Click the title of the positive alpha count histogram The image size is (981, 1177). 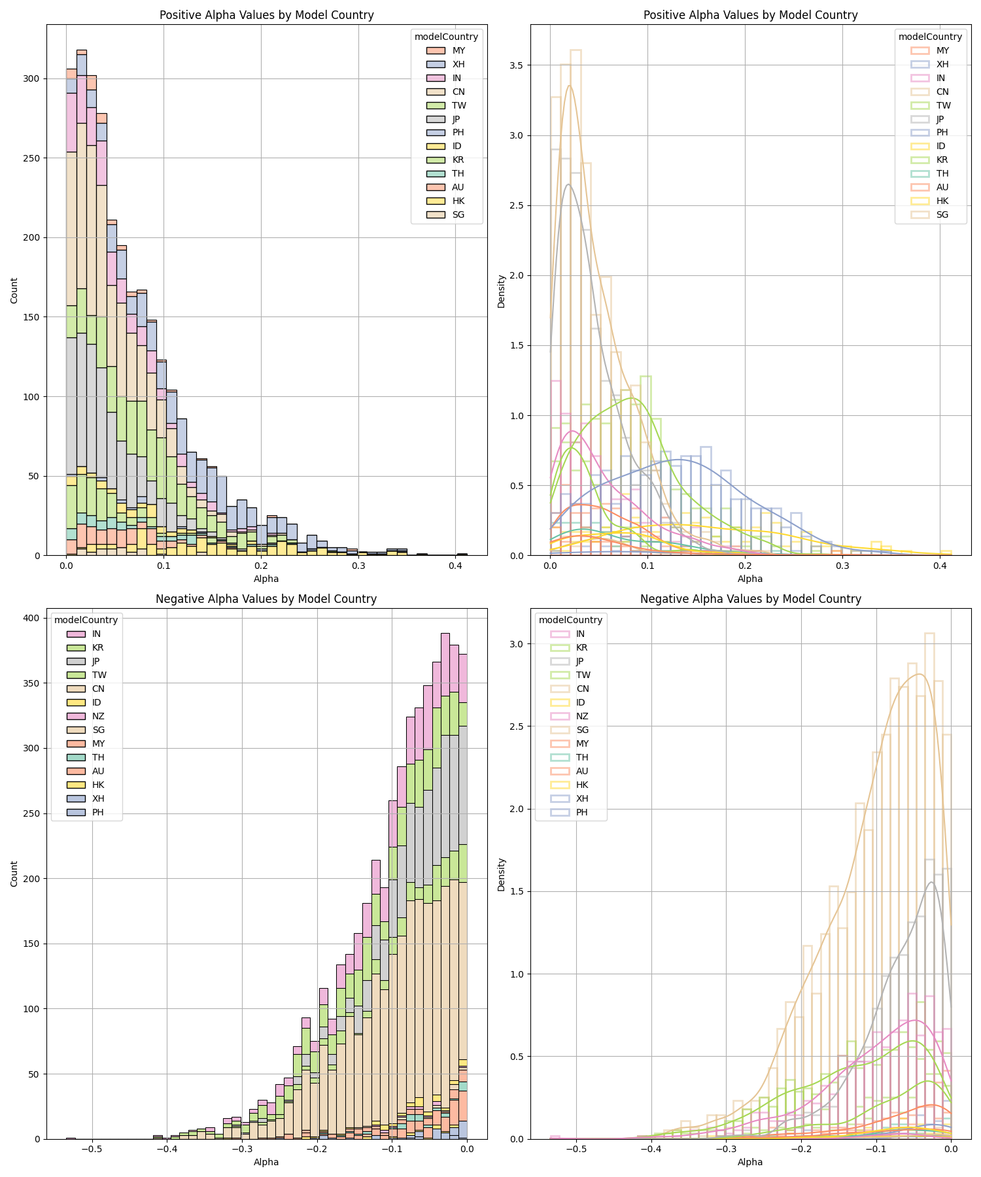point(267,15)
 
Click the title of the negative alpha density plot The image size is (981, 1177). point(750,599)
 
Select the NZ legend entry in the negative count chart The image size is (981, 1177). point(97,716)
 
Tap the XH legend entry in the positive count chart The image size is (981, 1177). point(458,64)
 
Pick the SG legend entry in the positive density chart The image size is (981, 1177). point(942,214)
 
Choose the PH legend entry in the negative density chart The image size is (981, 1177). point(581,812)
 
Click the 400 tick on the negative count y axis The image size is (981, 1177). point(31,618)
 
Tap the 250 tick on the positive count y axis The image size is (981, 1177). point(31,158)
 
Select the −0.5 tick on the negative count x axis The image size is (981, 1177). point(91,1150)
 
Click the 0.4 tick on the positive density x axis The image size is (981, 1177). point(940,566)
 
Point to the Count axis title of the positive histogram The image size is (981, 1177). point(14,290)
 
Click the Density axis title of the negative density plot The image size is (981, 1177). point(502,875)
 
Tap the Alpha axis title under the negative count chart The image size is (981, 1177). point(266,1162)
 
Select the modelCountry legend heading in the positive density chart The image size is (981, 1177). point(930,37)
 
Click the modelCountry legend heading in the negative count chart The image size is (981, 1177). point(86,620)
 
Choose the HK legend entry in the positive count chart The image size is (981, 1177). point(458,201)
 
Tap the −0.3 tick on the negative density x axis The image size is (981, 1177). point(725,1150)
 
